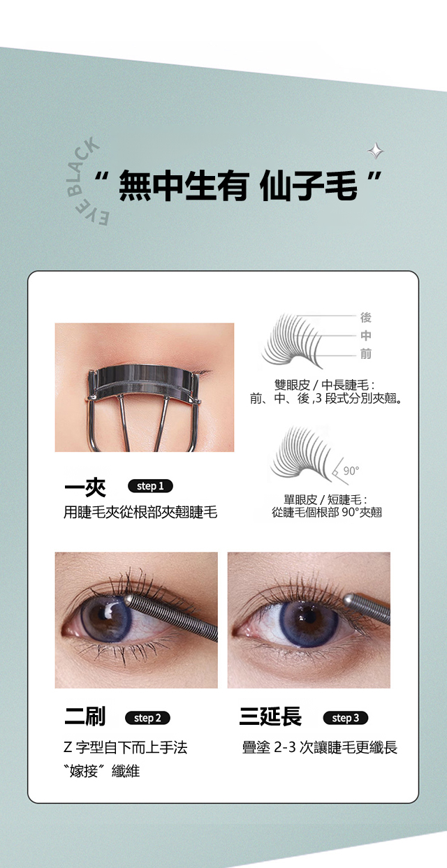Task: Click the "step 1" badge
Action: pos(150,486)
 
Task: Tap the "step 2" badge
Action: pos(147,718)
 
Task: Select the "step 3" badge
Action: pos(346,718)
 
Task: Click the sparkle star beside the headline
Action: pos(375,151)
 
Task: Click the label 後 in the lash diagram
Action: pos(365,318)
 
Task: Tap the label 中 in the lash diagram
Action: pos(365,336)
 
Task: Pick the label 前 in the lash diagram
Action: pos(365,353)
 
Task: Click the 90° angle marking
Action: pos(351,471)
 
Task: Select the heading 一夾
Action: pos(85,487)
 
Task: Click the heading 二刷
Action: pos(85,716)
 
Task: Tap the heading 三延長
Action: pos(270,716)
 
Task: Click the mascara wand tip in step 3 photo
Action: pos(350,600)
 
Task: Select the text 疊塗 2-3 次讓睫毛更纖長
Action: pos(320,747)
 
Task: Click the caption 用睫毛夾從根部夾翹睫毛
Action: pos(140,513)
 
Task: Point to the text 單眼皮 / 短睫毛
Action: pos(325,499)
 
